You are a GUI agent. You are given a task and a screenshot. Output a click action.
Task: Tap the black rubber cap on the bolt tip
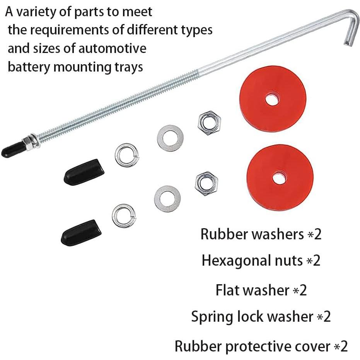13,150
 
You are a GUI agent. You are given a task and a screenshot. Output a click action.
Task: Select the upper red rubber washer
273,102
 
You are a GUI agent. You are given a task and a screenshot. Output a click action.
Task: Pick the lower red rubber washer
280,177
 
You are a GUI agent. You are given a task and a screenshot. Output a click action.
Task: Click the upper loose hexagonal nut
209,123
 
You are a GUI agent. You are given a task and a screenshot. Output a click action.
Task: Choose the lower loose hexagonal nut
206,183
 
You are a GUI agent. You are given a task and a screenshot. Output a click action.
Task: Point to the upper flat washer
170,138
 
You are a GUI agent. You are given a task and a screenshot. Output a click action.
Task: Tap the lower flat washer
167,199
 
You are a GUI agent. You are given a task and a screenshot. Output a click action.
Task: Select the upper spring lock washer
127,155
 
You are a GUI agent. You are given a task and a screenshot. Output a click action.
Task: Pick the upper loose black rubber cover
84,172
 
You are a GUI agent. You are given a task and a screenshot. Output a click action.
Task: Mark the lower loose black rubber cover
81,232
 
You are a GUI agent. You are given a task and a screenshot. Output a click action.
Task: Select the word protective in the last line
278,346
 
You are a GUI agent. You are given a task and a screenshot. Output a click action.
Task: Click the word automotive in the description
112,48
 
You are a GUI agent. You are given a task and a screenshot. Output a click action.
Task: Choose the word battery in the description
29,67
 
